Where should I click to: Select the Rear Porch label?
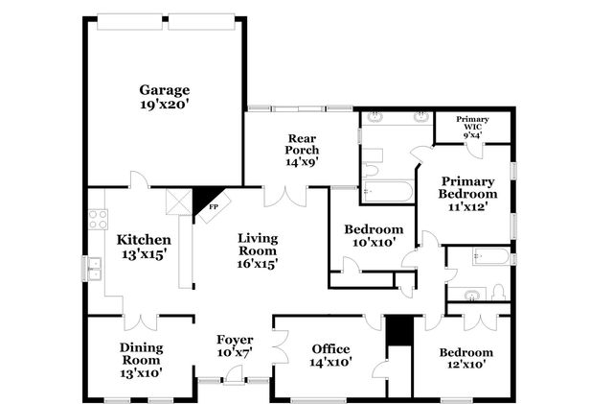coord(303,144)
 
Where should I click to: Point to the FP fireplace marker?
coord(214,206)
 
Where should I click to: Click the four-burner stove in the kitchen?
coord(97,219)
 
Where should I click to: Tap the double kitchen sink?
coord(94,268)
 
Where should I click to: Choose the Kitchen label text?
coord(144,240)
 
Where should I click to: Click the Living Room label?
coord(257,244)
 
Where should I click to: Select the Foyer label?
coord(235,340)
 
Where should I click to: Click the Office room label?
coord(331,348)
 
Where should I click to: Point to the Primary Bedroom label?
coord(467,187)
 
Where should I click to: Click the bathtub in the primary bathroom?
coord(389,191)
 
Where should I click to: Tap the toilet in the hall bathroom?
coord(498,292)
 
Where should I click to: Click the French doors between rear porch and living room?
coord(284,194)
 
